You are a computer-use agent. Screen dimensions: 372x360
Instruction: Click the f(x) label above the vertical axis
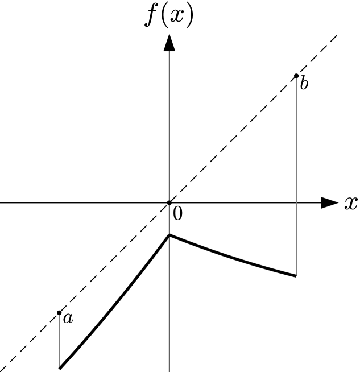click(x=169, y=16)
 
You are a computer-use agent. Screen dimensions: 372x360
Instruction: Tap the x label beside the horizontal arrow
click(x=350, y=204)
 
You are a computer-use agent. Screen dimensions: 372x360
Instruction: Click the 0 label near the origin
click(x=177, y=214)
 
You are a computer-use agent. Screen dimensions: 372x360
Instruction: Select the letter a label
click(x=68, y=319)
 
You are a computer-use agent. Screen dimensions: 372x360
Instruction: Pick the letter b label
click(x=304, y=85)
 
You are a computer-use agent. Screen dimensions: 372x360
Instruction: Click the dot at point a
click(x=59, y=312)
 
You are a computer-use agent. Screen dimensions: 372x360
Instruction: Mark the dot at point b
click(x=296, y=76)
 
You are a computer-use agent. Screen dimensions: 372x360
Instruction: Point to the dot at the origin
click(x=169, y=202)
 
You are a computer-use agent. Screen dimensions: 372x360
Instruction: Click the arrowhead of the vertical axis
click(x=169, y=43)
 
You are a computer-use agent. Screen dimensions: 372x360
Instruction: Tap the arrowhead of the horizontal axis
click(x=329, y=202)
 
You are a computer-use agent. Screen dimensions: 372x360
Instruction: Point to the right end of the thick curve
click(x=296, y=276)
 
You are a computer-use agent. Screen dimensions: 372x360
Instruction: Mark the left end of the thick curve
click(x=60, y=368)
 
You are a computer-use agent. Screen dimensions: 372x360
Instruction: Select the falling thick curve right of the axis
click(x=233, y=258)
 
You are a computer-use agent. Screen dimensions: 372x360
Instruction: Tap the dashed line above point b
click(x=318, y=53)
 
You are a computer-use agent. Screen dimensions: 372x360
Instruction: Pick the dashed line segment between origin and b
click(x=233, y=139)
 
